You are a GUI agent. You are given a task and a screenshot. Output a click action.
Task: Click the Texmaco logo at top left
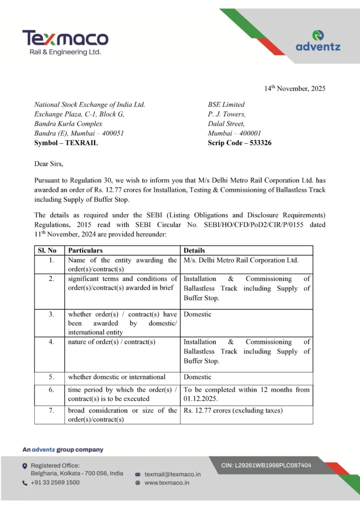(65, 42)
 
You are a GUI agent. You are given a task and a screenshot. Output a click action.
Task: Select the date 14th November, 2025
(294, 88)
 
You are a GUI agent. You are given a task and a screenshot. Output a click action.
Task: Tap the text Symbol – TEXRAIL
(66, 143)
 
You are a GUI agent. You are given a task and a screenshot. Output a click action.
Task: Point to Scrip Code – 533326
(240, 143)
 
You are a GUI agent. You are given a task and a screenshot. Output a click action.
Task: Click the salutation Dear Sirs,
(49, 163)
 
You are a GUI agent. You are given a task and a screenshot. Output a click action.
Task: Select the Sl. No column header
(48, 251)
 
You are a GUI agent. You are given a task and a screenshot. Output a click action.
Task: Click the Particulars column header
(86, 251)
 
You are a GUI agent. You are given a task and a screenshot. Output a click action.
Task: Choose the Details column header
(194, 251)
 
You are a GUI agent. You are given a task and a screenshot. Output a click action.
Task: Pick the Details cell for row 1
(241, 260)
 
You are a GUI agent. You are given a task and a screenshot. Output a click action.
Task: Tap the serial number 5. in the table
(52, 377)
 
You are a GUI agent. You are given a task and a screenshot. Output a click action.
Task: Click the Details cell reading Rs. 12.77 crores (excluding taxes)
(233, 410)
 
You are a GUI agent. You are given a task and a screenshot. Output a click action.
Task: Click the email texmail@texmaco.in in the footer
(173, 474)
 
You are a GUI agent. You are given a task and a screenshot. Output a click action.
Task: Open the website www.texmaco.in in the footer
(167, 483)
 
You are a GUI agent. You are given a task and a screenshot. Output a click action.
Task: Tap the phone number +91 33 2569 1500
(55, 483)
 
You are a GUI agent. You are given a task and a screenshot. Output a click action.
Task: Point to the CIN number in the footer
(266, 465)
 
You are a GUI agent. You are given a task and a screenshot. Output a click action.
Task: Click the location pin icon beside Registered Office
(25, 466)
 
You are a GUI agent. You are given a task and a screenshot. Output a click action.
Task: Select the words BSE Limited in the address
(226, 104)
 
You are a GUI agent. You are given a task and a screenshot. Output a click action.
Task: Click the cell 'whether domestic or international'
(117, 377)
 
